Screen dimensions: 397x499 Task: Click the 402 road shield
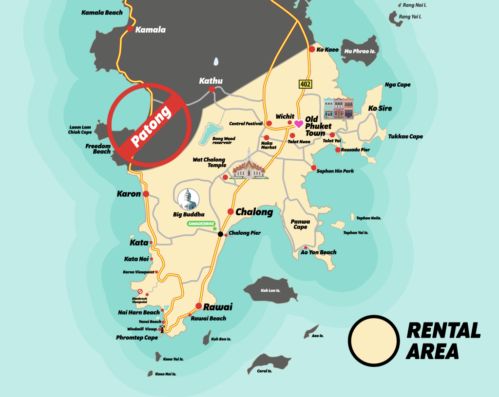point(306,85)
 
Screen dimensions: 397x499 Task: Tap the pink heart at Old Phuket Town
point(298,123)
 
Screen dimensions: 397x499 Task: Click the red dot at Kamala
point(130,29)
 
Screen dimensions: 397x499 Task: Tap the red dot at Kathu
point(212,90)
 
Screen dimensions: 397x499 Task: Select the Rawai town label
point(217,307)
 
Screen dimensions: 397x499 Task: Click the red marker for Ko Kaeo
point(311,49)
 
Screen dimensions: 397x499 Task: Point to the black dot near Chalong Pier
point(220,234)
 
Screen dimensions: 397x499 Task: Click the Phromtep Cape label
point(137,338)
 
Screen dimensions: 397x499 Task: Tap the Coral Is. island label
point(264,371)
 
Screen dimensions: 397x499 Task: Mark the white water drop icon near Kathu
point(216,62)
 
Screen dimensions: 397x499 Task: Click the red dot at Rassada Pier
point(338,150)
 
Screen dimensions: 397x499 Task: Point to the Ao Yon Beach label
point(318,252)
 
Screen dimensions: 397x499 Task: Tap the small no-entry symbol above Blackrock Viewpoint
point(140,291)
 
